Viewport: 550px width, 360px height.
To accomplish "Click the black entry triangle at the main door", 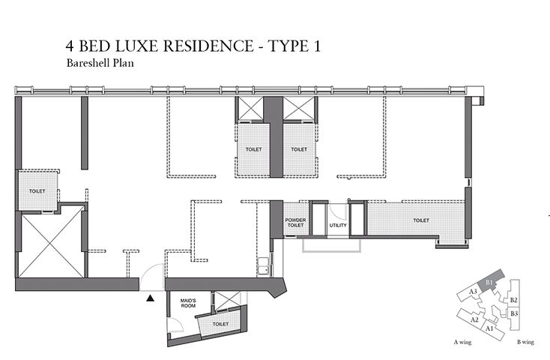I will [151, 298].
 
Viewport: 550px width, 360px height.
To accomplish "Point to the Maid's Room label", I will [189, 304].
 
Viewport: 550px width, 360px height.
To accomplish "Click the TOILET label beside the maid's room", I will [220, 324].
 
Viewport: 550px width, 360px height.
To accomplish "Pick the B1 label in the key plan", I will [489, 281].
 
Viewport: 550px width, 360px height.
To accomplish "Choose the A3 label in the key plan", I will [473, 291].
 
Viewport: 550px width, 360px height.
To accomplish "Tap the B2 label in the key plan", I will [513, 300].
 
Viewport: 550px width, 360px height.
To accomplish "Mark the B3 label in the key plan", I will [514, 313].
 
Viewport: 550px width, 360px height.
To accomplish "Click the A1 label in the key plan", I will [489, 328].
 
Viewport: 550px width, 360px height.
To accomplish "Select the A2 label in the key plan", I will [474, 319].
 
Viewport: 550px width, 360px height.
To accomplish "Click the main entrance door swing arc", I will [153, 271].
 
